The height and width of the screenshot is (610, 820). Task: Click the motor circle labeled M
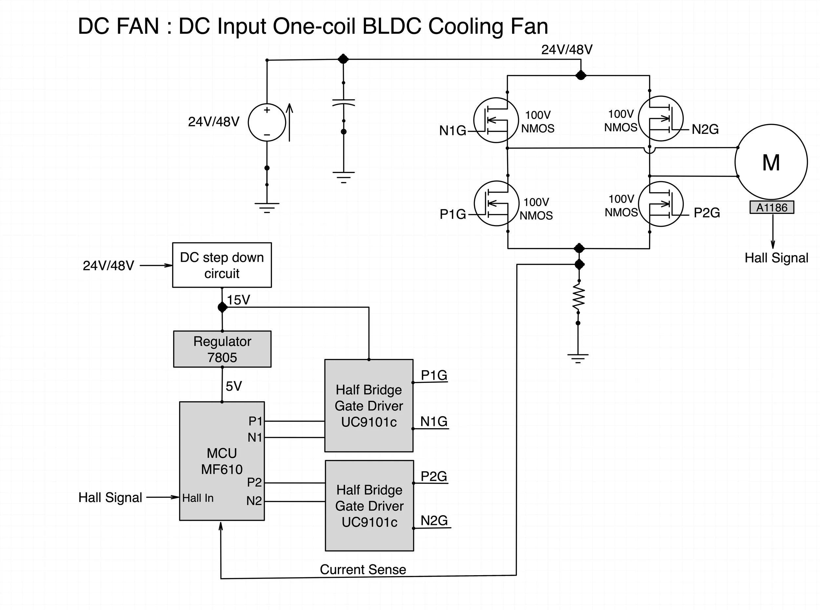point(770,162)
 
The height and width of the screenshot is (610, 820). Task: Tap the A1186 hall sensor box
point(772,207)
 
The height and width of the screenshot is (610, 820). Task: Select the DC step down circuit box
point(222,265)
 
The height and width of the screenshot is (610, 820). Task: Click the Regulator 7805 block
point(222,349)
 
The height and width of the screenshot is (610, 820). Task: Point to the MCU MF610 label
point(222,461)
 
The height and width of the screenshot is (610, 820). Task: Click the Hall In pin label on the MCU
point(198,498)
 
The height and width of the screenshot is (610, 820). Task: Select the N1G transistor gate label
point(452,130)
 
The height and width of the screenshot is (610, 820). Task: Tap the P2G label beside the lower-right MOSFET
point(706,213)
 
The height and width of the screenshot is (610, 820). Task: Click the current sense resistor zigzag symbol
point(578,295)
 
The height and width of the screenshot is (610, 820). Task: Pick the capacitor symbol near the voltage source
point(343,102)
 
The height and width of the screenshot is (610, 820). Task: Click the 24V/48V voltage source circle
point(267,122)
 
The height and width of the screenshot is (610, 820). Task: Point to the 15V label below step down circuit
point(238,300)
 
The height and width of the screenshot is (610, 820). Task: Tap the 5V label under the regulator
point(234,386)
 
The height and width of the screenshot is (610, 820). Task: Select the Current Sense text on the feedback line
point(363,569)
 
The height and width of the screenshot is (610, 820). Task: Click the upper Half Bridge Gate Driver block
point(369,406)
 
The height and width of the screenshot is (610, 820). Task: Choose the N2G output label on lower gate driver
point(434,521)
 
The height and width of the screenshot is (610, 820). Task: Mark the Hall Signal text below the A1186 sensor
point(776,258)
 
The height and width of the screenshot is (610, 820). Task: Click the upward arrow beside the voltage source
point(290,122)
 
